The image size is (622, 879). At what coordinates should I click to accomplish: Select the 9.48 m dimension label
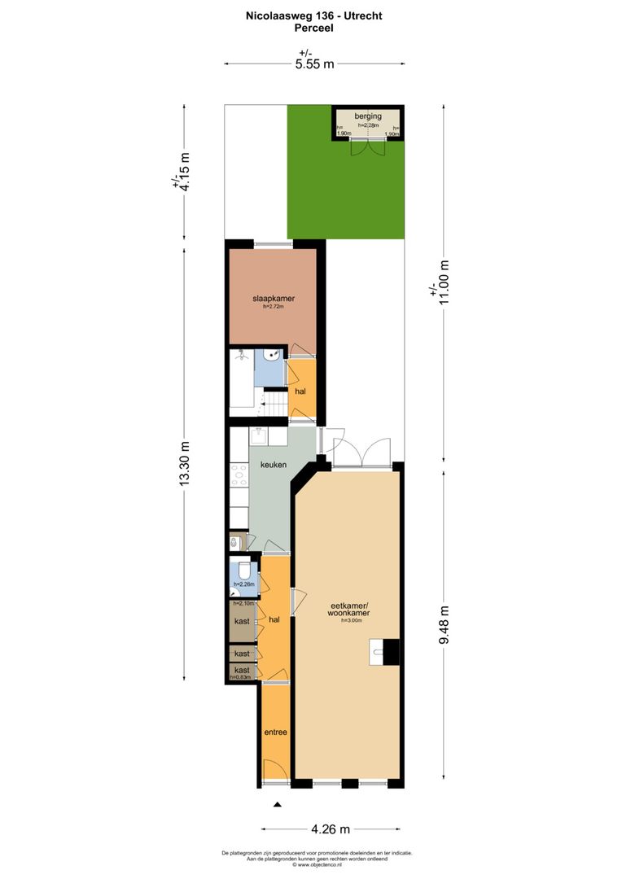[444, 624]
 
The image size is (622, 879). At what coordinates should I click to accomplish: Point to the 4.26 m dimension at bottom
[331, 829]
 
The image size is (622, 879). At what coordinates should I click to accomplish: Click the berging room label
[367, 116]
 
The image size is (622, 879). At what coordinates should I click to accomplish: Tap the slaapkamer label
[273, 299]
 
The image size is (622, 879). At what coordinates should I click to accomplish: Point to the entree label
[275, 732]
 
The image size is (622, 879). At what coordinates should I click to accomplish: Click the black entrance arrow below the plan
[277, 804]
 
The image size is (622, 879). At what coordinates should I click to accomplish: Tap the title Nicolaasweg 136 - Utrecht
[314, 15]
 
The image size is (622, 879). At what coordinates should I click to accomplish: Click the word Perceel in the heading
[314, 27]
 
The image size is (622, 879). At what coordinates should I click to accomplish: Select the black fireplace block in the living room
[392, 651]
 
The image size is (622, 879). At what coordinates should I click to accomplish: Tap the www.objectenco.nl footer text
[317, 865]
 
